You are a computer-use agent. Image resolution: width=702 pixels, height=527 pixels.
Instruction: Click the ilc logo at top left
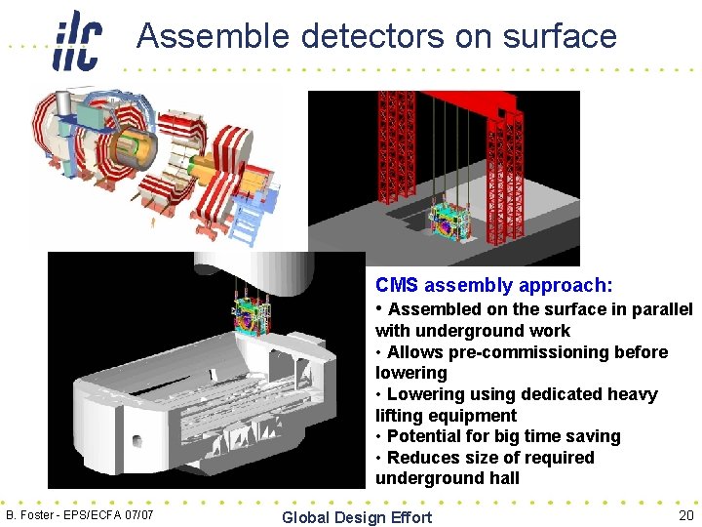click(77, 40)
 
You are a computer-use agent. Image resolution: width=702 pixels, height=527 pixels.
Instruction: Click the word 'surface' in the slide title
click(561, 36)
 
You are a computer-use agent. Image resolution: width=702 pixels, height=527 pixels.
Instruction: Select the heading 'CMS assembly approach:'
click(494, 285)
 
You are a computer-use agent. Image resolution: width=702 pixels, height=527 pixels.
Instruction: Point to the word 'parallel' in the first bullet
click(661, 309)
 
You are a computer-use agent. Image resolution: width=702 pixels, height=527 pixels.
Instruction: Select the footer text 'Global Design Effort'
click(356, 516)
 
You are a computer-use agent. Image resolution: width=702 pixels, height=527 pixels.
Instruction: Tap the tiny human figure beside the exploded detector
click(153, 222)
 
